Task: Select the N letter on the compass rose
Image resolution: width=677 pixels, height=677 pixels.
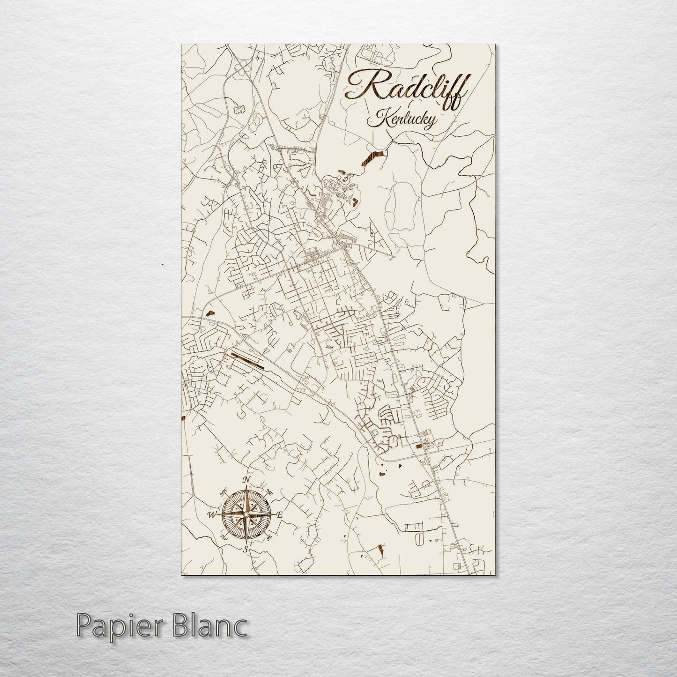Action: tap(246, 480)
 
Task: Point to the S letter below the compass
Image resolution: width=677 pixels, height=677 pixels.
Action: tap(246, 550)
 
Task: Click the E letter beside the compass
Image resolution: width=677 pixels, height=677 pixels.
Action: tap(279, 515)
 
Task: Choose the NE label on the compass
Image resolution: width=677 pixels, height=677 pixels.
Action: tap(269, 492)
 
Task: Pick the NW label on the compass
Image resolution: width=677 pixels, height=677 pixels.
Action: tap(223, 492)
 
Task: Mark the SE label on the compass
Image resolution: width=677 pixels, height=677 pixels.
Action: tap(269, 538)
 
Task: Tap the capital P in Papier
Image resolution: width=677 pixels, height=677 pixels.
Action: tap(84, 625)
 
